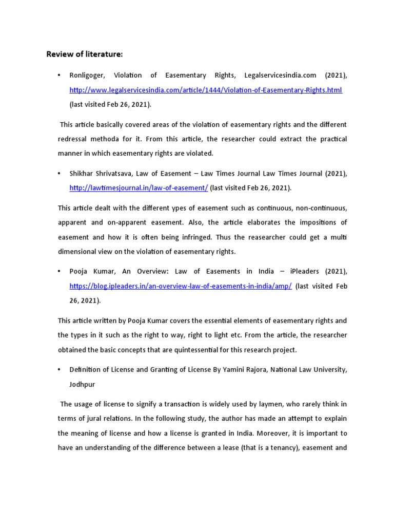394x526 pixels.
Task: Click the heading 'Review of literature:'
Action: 85,54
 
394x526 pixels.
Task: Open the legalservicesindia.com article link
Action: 206,90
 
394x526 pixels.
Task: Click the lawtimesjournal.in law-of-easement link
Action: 139,188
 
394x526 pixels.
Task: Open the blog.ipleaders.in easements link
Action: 181,286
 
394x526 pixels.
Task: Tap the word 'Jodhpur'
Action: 83,384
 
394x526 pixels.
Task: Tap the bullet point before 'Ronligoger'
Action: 60,76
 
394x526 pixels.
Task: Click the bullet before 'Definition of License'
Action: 60,369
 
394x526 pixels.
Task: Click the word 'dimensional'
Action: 78,252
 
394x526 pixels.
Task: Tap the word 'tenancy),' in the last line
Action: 280,447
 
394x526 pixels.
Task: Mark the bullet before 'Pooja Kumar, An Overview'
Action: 60,271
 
